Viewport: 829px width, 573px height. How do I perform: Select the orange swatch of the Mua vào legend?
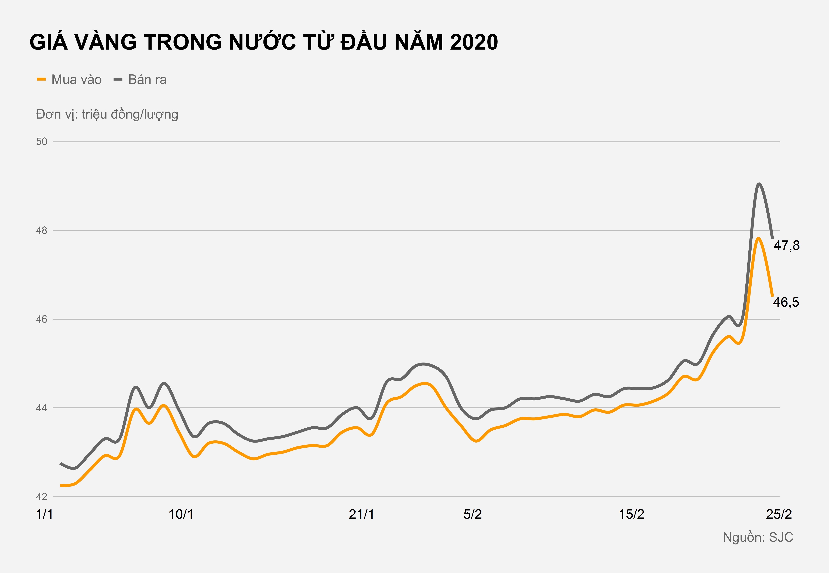[41, 79]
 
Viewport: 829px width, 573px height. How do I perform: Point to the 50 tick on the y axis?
[42, 141]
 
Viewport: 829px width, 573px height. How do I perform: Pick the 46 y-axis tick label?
[42, 319]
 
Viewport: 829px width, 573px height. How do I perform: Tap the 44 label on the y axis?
[42, 408]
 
